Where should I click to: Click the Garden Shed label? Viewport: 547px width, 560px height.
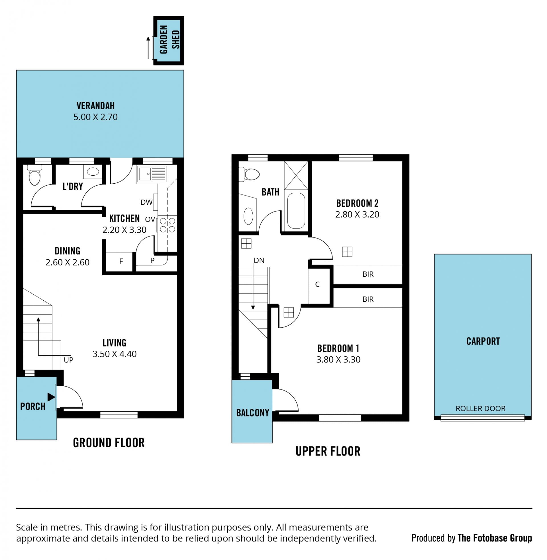170,40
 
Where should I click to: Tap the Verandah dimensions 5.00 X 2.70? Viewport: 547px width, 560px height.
95,117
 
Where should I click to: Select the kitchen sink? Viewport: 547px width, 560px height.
152,174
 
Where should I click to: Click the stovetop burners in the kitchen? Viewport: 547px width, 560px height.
167,225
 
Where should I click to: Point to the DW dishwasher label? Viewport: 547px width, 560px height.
146,202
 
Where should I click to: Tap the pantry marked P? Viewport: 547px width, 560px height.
152,260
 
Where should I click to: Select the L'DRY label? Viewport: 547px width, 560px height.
73,186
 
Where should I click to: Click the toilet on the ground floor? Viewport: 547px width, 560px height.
35,175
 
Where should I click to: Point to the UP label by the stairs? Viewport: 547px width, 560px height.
68,360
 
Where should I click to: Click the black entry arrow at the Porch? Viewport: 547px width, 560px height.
51,397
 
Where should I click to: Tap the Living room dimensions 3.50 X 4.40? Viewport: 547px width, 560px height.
114,354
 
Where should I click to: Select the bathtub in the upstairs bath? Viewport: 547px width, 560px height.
296,211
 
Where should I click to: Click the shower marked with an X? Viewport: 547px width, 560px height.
296,175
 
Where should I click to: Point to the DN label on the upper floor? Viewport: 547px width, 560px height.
259,260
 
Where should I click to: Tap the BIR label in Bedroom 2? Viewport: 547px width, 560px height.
368,274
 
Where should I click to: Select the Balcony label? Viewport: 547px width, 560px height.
252,413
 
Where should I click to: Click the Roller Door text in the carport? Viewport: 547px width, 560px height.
480,408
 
